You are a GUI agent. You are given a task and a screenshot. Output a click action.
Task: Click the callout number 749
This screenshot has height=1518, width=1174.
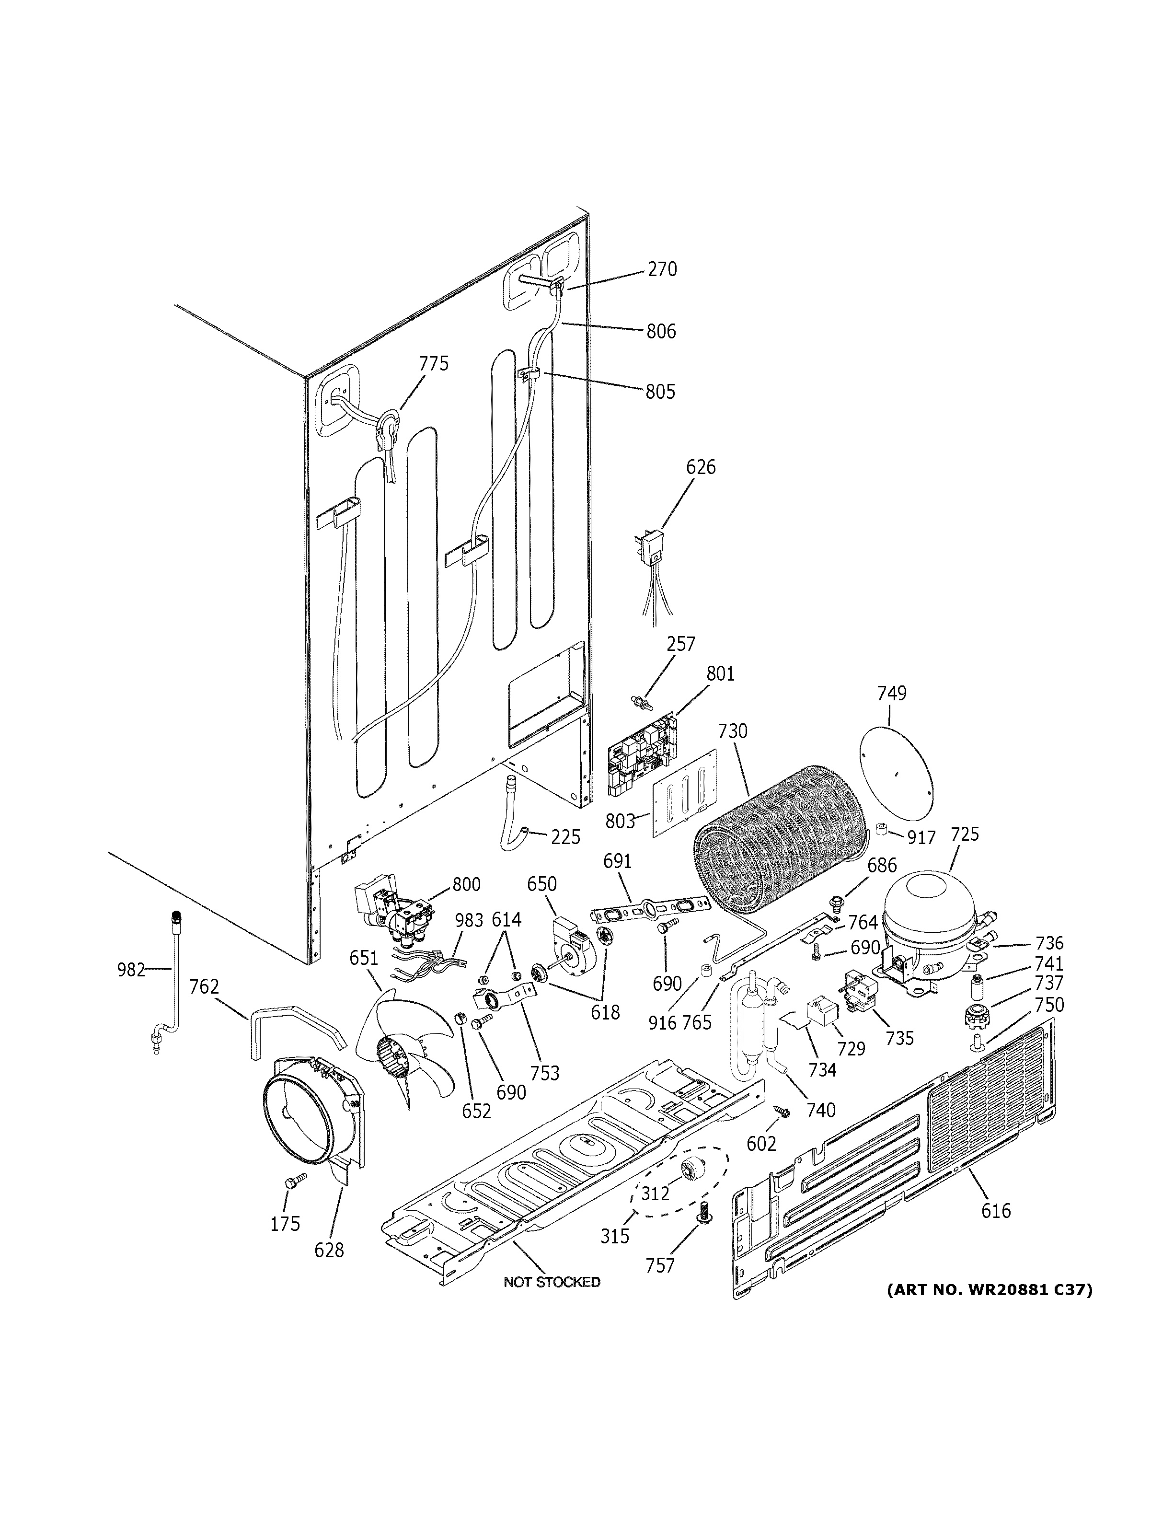(891, 693)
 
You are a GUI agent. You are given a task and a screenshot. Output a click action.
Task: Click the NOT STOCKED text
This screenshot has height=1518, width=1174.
(552, 1282)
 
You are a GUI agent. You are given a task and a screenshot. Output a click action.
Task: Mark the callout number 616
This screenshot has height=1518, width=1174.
(995, 1211)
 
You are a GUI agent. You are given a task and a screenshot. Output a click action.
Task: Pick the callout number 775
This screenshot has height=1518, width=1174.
(434, 363)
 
